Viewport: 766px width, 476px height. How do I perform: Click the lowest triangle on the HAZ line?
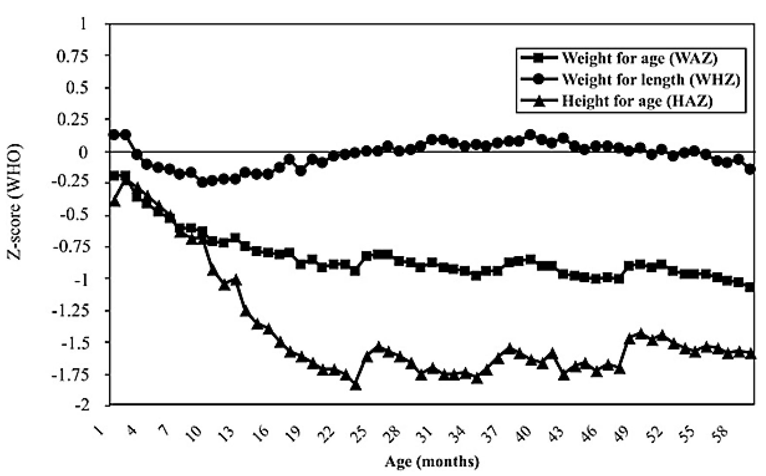(x=356, y=386)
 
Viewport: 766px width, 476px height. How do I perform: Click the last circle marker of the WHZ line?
(x=750, y=169)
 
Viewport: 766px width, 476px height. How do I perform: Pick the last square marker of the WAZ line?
(x=750, y=287)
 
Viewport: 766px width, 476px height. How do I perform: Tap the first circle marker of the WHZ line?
(x=114, y=134)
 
